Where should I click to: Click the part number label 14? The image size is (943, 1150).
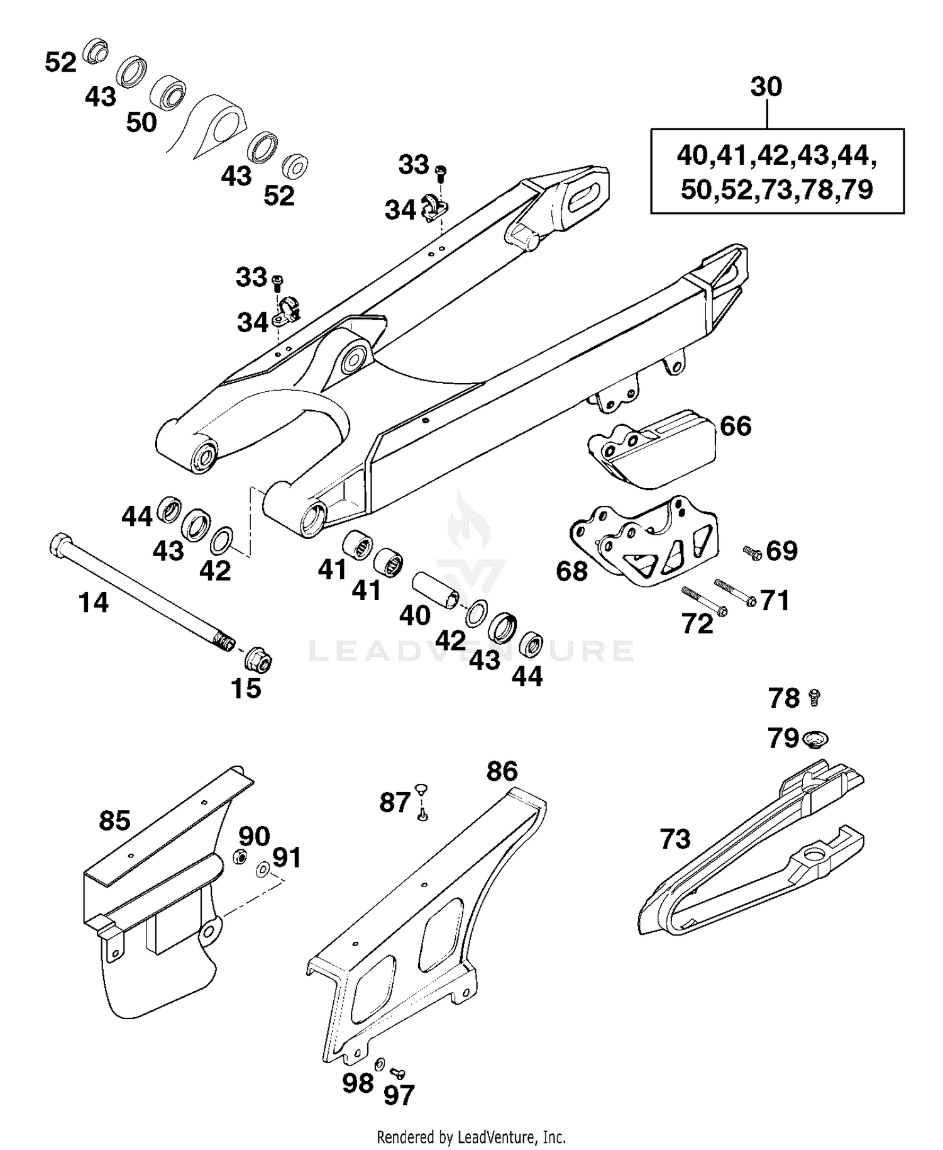point(94,603)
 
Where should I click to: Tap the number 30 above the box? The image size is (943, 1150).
point(766,86)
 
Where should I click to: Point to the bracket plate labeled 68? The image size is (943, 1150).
point(648,541)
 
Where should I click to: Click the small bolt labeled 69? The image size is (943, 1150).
point(752,552)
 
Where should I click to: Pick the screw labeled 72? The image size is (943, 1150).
point(703,601)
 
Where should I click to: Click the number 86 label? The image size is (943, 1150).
point(502,771)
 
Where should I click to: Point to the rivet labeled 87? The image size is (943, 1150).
point(422,802)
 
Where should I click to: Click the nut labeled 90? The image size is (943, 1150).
point(240,856)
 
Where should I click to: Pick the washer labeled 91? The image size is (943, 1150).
point(263,870)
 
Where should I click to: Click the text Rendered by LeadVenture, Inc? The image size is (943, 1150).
point(471,1137)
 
